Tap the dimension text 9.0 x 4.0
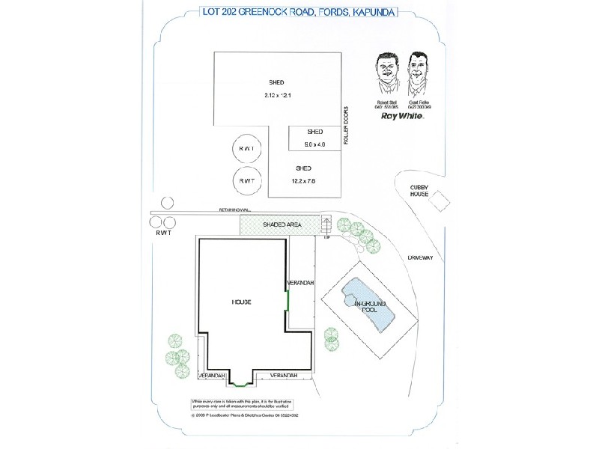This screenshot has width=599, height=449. [x=314, y=144]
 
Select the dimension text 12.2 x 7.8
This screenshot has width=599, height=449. [x=303, y=181]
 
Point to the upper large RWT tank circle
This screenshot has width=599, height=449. [x=246, y=150]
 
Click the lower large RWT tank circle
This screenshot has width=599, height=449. [x=246, y=182]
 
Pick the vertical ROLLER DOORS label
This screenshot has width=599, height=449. [x=347, y=125]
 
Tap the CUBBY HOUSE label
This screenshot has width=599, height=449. [x=419, y=189]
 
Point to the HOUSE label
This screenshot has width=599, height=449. [x=241, y=302]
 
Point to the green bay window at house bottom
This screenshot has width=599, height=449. [x=239, y=385]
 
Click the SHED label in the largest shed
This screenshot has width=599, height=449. [x=276, y=82]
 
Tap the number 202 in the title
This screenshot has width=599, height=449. [x=225, y=12]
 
